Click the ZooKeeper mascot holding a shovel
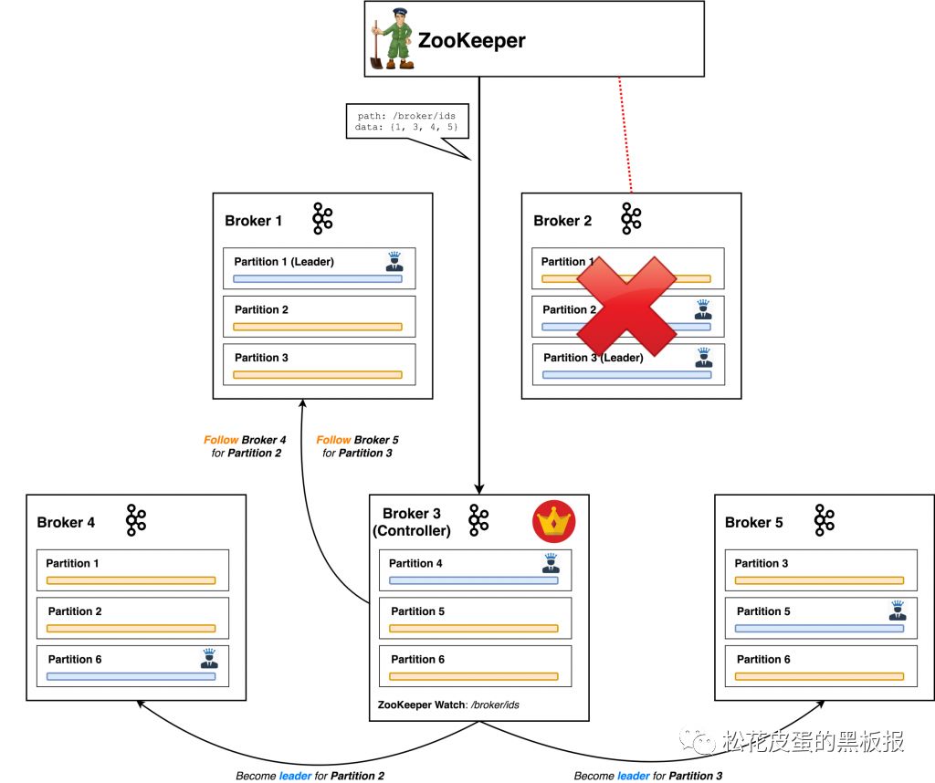pyautogui.click(x=391, y=38)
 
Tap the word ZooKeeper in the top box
pyautogui.click(x=472, y=40)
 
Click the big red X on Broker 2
pyautogui.click(x=626, y=306)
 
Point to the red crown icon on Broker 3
pyautogui.click(x=554, y=521)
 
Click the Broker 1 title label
pyautogui.click(x=254, y=221)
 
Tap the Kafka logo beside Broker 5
pyautogui.click(x=825, y=520)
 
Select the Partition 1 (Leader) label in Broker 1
pyautogui.click(x=284, y=262)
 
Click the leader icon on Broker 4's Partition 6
pyautogui.click(x=209, y=659)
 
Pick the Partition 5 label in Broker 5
pyautogui.click(x=763, y=611)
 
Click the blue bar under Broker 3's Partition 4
pyautogui.click(x=474, y=580)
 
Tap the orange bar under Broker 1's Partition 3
pyautogui.click(x=317, y=375)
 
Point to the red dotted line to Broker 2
pyautogui.click(x=625, y=135)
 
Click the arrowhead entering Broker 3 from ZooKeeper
pyautogui.click(x=478, y=488)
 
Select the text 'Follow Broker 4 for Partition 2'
pyautogui.click(x=245, y=446)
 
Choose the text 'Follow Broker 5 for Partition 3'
pyautogui.click(x=357, y=446)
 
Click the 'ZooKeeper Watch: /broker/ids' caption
pyautogui.click(x=448, y=705)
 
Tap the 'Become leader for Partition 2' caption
pyautogui.click(x=310, y=776)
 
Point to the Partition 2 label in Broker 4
pyautogui.click(x=75, y=611)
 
